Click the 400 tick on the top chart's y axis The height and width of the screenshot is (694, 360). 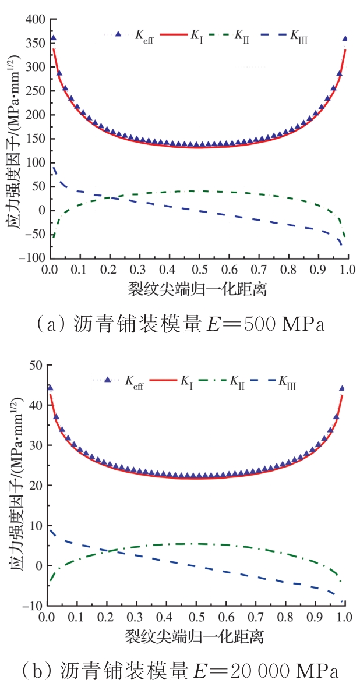coord(34,20)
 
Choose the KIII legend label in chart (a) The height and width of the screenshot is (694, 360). coord(299,36)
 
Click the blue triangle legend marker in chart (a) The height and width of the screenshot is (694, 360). coord(118,35)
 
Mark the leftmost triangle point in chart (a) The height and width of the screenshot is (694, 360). coord(54,38)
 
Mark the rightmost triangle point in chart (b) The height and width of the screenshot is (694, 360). coord(342,388)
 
